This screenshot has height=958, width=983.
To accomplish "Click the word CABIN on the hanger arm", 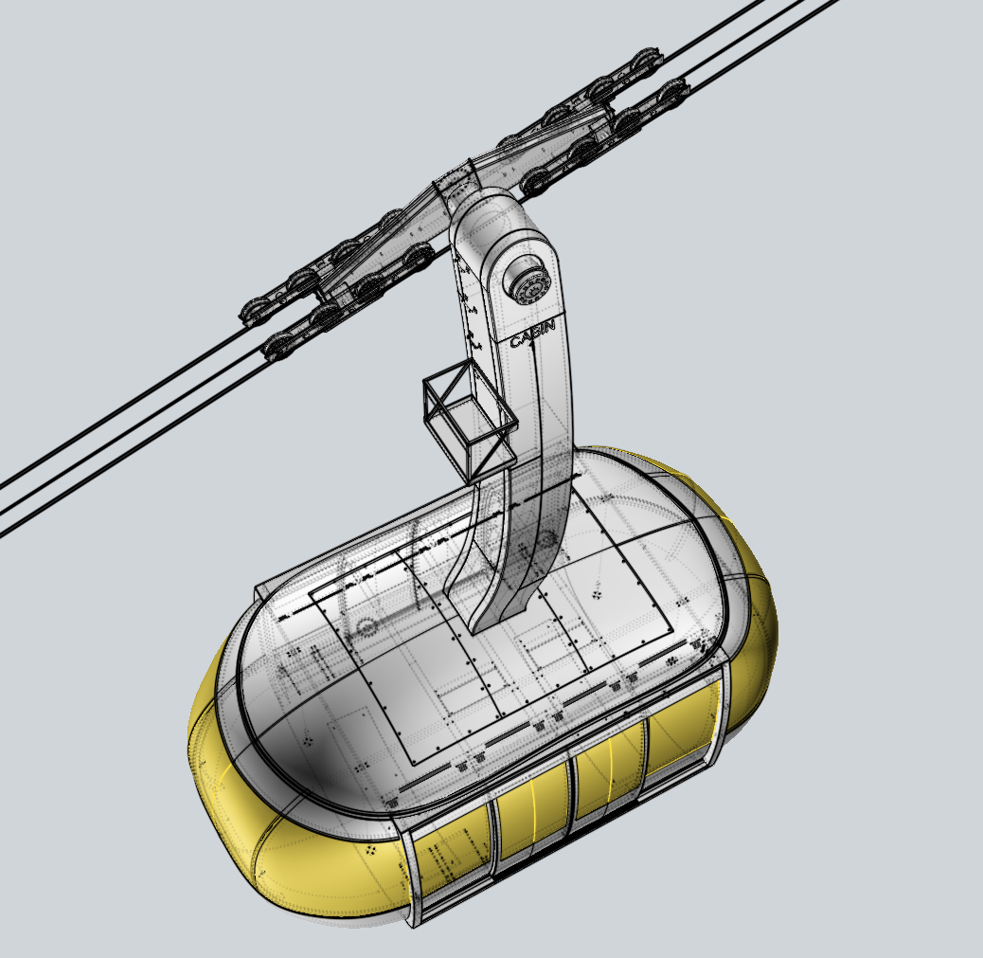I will [x=532, y=334].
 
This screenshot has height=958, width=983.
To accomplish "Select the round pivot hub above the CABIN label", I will [x=526, y=282].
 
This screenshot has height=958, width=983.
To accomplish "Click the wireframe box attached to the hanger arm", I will [x=468, y=422].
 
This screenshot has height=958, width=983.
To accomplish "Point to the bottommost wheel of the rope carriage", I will [x=276, y=349].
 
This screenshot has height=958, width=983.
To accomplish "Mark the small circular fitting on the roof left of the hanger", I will [x=366, y=626].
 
